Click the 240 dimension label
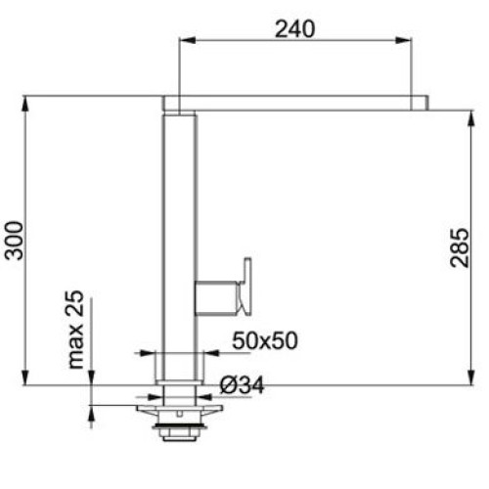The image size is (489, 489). (295, 28)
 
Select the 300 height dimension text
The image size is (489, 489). (14, 241)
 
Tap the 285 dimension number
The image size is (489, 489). (459, 248)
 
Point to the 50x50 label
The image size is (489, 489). (265, 340)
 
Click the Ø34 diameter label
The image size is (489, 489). (242, 385)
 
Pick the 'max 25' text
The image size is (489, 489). (75, 330)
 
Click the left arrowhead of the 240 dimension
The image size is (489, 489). (188, 40)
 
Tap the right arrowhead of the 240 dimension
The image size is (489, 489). (404, 40)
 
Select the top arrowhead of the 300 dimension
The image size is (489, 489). (25, 105)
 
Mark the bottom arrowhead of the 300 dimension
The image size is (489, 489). (25, 378)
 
